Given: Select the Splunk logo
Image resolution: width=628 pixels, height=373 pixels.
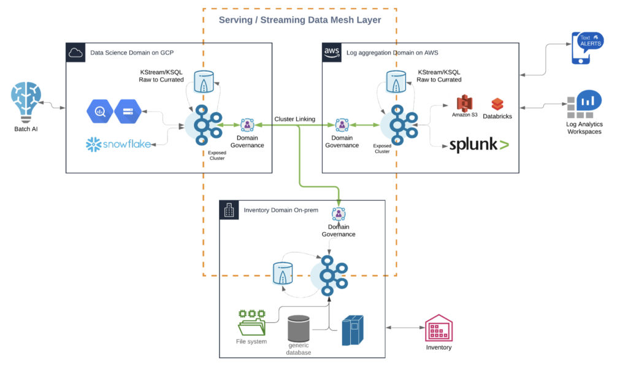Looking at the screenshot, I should [478, 145].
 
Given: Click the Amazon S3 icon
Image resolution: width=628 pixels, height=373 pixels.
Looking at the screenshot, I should [464, 103].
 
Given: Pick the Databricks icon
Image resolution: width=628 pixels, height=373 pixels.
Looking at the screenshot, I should [497, 104].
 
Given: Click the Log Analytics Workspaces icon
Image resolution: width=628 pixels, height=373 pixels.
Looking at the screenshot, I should [584, 104].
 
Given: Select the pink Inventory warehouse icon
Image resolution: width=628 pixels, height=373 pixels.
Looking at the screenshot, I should [438, 329].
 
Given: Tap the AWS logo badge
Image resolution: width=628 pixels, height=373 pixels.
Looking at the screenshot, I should [332, 53].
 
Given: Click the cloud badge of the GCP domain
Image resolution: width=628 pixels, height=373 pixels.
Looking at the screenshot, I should [76, 53].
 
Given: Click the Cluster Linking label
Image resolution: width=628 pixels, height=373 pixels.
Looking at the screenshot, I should [295, 119].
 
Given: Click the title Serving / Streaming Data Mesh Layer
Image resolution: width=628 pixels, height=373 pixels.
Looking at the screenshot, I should [300, 20].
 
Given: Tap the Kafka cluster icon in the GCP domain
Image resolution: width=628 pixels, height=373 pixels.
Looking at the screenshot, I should [203, 125].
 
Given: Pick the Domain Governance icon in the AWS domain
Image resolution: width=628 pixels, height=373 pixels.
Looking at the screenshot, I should [342, 125].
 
